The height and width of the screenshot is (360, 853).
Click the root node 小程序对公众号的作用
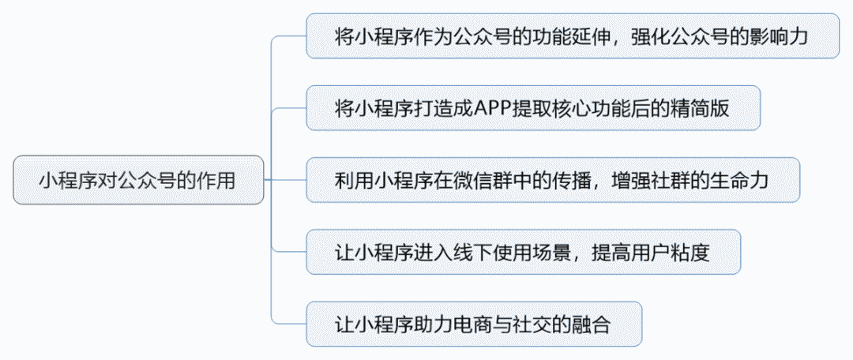(x=137, y=180)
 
